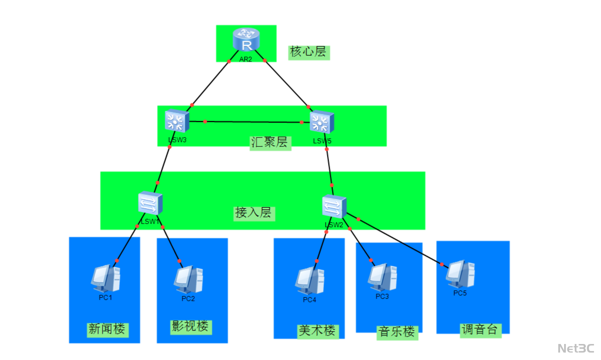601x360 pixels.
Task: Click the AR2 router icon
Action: [x=246, y=39]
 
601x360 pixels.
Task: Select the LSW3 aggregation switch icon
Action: [x=177, y=121]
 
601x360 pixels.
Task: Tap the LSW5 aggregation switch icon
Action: [x=322, y=122]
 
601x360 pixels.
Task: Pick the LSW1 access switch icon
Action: [x=150, y=203]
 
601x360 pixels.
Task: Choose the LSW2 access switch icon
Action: [x=334, y=206]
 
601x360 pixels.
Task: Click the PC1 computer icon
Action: [x=106, y=278]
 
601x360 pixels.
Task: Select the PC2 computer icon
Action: [x=188, y=280]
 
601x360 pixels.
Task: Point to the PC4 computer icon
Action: [x=310, y=280]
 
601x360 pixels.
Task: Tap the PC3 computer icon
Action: [x=383, y=277]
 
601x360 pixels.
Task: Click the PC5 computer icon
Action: [x=460, y=274]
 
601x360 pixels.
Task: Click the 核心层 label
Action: [x=309, y=52]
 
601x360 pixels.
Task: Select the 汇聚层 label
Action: [x=270, y=143]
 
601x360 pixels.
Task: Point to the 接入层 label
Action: [x=254, y=213]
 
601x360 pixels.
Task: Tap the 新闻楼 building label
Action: [x=107, y=329]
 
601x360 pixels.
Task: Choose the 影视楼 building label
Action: [x=191, y=327]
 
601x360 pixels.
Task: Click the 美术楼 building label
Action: [x=318, y=331]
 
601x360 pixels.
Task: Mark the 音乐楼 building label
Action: [x=397, y=332]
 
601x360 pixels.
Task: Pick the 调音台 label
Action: [x=480, y=330]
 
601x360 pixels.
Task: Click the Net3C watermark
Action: [x=576, y=348]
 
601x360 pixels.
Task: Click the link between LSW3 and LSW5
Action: [x=254, y=122]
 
